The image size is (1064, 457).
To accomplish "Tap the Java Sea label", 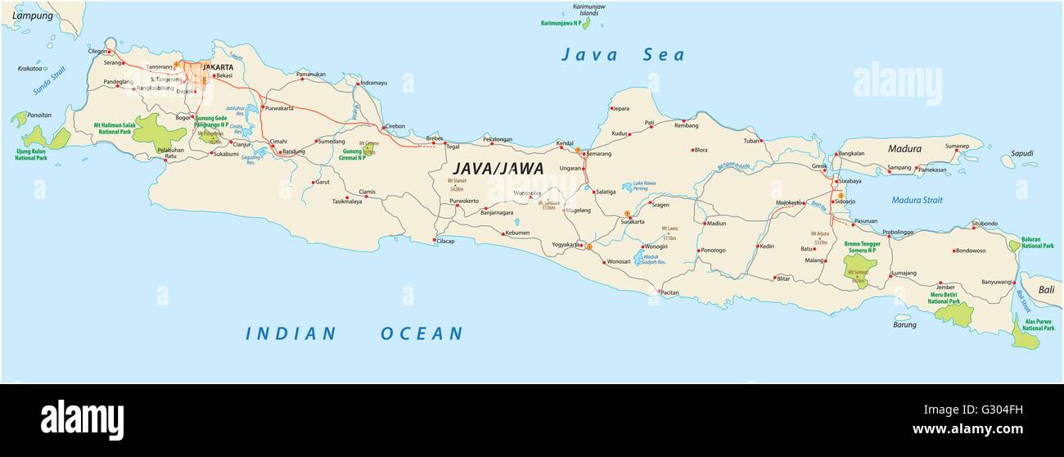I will tap(622, 56).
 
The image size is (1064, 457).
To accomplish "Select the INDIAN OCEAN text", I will tap(354, 333).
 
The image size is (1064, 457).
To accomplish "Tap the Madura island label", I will tap(904, 149).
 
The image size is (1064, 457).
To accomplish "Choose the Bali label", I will tap(1047, 290).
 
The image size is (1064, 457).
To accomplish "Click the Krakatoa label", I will tap(29, 69).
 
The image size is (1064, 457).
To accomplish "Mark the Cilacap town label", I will tap(446, 241).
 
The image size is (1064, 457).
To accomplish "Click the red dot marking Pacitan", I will tap(659, 292).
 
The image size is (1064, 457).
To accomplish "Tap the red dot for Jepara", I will tap(611, 108).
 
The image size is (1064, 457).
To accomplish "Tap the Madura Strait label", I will tap(917, 200).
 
